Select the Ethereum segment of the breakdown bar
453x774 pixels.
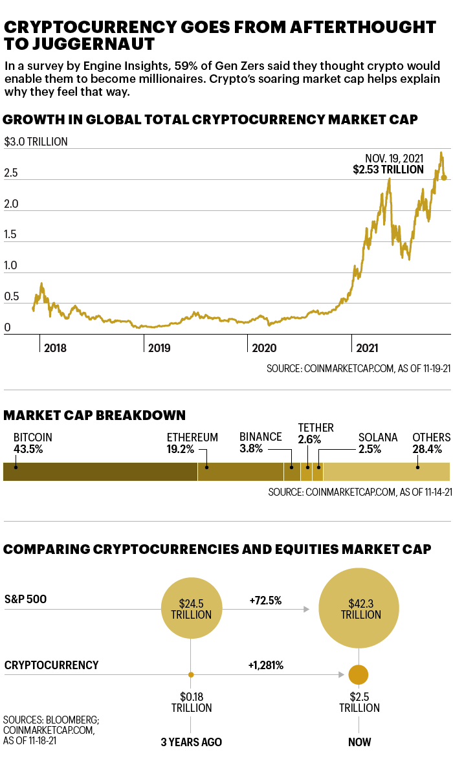click(240, 472)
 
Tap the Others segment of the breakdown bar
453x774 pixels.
click(386, 472)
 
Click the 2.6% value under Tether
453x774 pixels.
click(309, 439)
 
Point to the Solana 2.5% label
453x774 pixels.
click(378, 443)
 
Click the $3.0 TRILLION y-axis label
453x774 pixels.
click(36, 142)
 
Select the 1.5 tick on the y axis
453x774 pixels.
click(11, 235)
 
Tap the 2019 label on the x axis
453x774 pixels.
click(159, 348)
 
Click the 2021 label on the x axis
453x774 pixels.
click(366, 348)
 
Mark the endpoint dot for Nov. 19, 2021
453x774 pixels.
click(444, 177)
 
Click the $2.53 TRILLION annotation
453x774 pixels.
click(388, 170)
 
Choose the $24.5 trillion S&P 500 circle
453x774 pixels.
click(191, 609)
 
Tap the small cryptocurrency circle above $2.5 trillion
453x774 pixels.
click(358, 675)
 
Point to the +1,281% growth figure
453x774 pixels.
click(265, 665)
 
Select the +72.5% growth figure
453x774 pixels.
click(265, 600)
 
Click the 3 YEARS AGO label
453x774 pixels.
click(191, 742)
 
